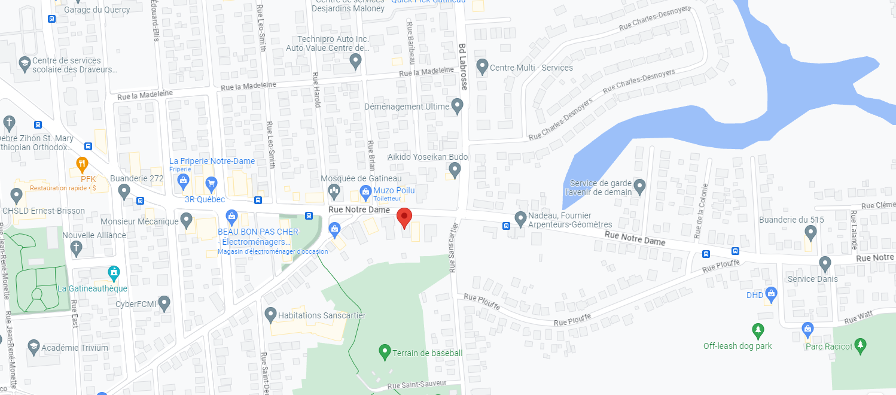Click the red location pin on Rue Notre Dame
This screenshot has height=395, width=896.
[404, 218]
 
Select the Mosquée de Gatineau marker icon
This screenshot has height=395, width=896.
[334, 191]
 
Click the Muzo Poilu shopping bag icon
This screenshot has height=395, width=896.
[365, 191]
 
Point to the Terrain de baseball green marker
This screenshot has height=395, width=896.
[385, 351]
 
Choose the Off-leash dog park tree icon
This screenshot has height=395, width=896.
[758, 330]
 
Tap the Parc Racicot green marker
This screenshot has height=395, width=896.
[860, 345]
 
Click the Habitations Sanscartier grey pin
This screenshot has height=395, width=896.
[270, 314]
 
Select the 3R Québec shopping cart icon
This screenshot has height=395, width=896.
[211, 183]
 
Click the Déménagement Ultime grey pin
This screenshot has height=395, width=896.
[458, 107]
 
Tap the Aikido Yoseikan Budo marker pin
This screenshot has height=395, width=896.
[455, 171]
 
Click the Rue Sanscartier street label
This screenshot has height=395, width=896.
[453, 247]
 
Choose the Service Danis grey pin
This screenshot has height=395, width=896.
[825, 263]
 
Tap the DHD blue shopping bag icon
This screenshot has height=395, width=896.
[772, 294]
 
